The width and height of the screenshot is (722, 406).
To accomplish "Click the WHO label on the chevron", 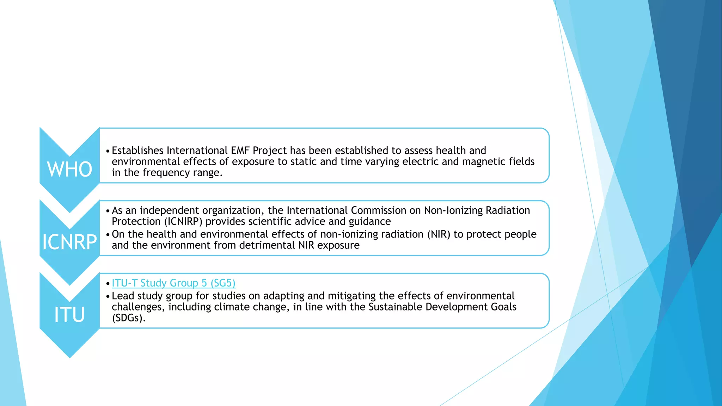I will click(x=69, y=170).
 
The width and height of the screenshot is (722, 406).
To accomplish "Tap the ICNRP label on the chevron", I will click(x=69, y=242).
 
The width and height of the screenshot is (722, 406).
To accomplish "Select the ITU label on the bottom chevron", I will click(x=69, y=315).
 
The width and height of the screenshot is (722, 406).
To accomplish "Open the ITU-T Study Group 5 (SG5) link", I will click(x=173, y=283).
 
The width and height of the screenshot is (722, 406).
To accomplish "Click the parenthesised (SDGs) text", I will click(x=128, y=318).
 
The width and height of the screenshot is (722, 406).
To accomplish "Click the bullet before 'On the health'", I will click(x=108, y=235).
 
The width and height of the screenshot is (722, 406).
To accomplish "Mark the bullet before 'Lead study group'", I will click(x=108, y=296).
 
